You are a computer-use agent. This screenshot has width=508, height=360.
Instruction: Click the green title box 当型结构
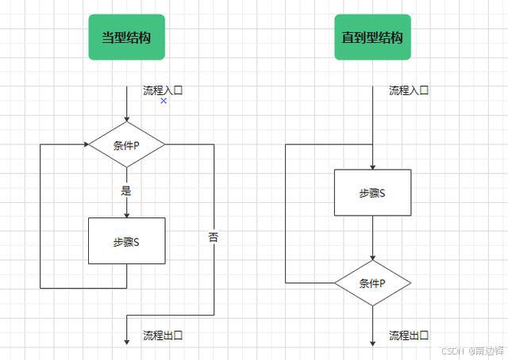(126, 37)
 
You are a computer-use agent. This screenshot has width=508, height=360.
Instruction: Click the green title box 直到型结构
(372, 37)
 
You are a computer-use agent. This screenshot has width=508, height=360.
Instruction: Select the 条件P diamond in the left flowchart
(126, 145)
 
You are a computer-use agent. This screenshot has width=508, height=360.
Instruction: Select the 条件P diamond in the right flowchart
(372, 283)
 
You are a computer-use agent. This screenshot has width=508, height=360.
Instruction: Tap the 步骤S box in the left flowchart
(126, 241)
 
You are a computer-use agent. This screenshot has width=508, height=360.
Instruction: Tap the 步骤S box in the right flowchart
(372, 193)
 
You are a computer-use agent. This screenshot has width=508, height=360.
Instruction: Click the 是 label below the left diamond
(126, 191)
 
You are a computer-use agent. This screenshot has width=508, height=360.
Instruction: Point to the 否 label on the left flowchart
(214, 236)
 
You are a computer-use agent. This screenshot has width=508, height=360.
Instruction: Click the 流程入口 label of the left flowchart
(163, 90)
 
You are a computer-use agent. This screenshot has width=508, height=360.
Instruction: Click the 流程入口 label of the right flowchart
(409, 90)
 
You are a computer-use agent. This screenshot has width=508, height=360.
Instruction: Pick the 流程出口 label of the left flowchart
(163, 335)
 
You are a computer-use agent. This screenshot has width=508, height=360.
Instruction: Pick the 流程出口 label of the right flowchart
(409, 335)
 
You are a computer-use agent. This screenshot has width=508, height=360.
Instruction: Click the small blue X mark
(164, 101)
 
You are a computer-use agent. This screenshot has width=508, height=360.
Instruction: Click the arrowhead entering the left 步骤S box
(126, 214)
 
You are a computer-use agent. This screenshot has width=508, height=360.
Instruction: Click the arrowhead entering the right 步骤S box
(372, 166)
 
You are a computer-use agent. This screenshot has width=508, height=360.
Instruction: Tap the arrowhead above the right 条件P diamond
(372, 257)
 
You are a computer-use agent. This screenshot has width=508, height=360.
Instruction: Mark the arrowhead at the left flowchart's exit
(126, 341)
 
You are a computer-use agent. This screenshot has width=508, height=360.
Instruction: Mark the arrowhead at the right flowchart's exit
(372, 341)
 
